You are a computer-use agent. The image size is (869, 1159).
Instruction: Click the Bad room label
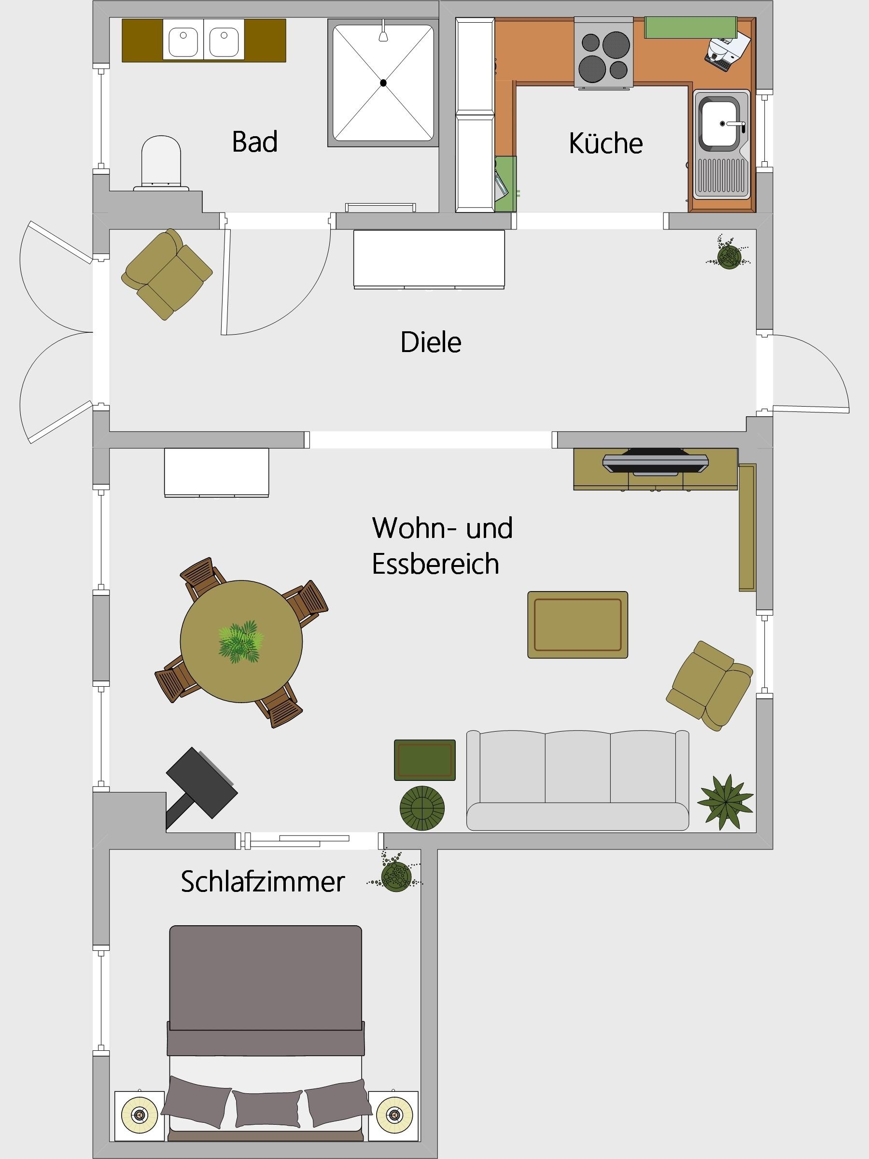pos(254,141)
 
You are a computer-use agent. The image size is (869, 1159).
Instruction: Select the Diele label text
pos(431,342)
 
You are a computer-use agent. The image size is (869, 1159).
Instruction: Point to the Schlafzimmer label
pos(263,881)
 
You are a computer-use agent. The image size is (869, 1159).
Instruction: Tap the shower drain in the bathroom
pos(383,82)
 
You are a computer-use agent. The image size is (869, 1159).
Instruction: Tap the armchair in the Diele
pos(167,273)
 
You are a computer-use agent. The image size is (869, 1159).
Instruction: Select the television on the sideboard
pos(655,461)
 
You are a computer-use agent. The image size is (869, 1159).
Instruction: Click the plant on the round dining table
pos(240,642)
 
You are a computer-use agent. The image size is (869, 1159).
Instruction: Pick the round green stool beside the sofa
pos(422,808)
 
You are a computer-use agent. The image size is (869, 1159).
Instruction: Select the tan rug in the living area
pos(577,624)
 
